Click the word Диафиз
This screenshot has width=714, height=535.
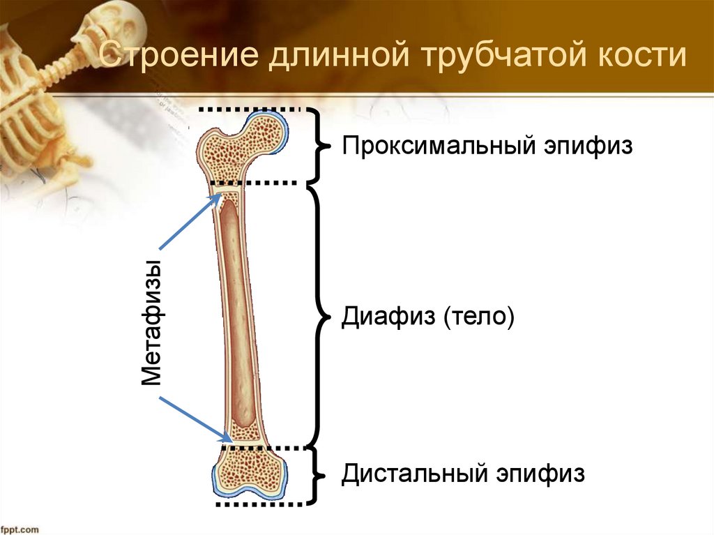[384, 317]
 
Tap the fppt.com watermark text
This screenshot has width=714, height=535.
[20, 529]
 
